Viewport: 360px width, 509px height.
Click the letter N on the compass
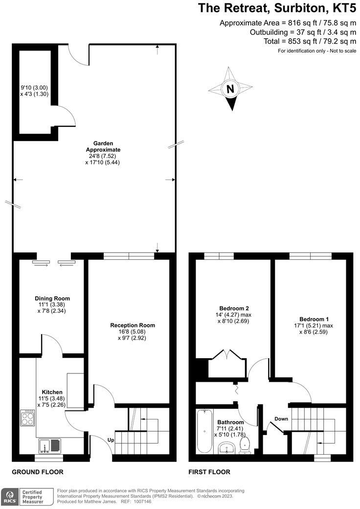click(x=230, y=89)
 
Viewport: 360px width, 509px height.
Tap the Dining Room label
click(x=52, y=299)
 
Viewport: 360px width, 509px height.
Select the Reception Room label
click(x=133, y=325)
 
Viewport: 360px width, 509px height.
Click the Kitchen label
click(x=52, y=392)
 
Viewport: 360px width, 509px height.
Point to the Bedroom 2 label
click(x=234, y=308)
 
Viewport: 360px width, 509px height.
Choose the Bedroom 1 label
click(x=314, y=319)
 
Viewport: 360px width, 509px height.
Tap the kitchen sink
click(x=50, y=445)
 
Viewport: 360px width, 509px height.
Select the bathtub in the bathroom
click(x=204, y=431)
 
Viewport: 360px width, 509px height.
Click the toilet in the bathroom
click(x=244, y=445)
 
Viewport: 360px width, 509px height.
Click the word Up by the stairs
click(x=111, y=440)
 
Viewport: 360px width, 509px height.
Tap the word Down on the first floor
click(x=281, y=419)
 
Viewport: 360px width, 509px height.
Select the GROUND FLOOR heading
click(x=38, y=472)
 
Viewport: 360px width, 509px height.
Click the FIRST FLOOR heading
click(x=209, y=472)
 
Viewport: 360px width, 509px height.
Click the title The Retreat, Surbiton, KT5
click(x=277, y=8)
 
